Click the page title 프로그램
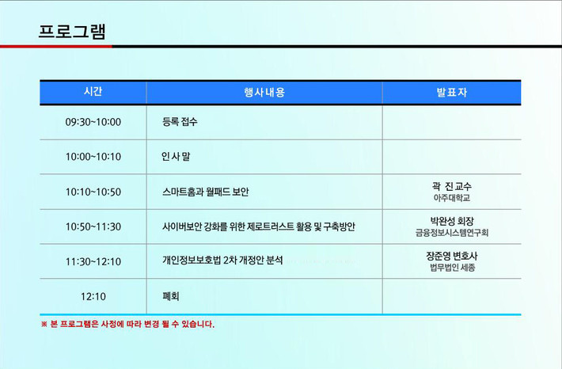tap(72, 32)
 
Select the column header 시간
tap(93, 91)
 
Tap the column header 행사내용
tap(264, 92)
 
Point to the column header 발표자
tap(452, 92)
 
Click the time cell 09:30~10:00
tap(93, 122)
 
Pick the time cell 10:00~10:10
tap(93, 157)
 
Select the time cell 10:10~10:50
tap(93, 192)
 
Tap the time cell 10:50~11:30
tap(93, 226)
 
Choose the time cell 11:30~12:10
tap(93, 261)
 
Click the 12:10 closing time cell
tap(93, 297)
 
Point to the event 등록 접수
tap(180, 122)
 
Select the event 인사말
tap(176, 156)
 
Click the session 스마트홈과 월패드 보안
tap(205, 192)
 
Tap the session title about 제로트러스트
tap(258, 226)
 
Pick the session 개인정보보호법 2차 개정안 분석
tap(222, 260)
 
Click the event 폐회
tap(171, 296)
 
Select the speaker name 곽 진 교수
tap(452, 186)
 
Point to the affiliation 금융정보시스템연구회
tap(452, 233)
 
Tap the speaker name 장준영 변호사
tap(452, 256)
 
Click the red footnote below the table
tap(127, 324)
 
